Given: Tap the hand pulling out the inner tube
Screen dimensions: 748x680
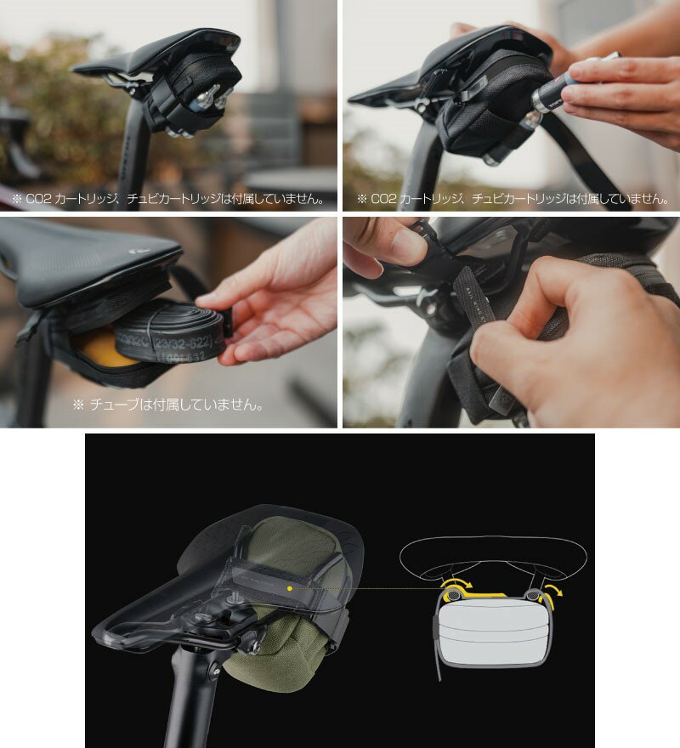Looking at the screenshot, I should click(272, 297).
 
